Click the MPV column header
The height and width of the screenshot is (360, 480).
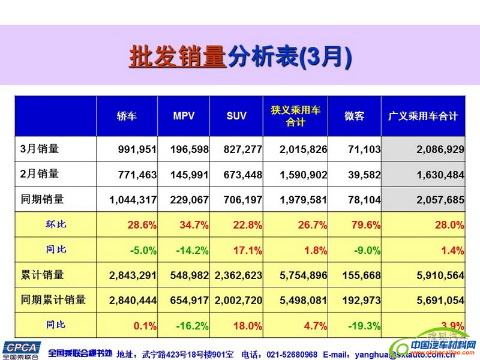(184, 116)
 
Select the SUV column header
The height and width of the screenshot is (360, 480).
(236, 116)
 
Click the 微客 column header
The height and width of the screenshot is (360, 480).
(354, 116)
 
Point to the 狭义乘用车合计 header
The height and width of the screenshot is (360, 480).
(295, 116)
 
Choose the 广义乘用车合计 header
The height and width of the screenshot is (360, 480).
(423, 116)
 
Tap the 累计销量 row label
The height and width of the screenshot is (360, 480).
(42, 275)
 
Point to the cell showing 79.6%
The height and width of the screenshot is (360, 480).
(366, 225)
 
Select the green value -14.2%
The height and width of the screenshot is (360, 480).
(192, 250)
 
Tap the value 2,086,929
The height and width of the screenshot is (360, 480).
(440, 149)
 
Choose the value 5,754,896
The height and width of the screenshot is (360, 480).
(304, 275)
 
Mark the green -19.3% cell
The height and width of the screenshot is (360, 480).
(364, 326)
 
